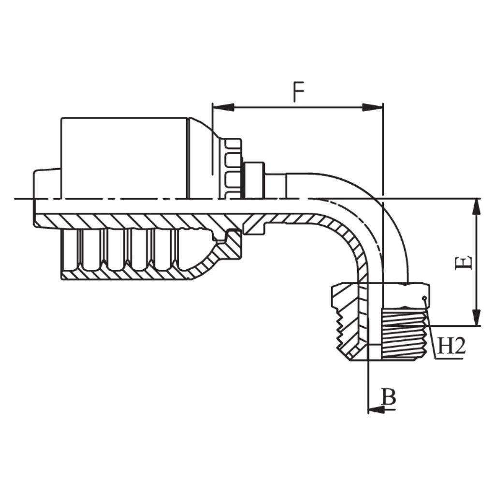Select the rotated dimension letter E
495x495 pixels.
point(464,263)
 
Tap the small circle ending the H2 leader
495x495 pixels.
point(424,298)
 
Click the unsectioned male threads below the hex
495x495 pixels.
point(404,334)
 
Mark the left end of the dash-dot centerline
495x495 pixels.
point(17,199)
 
